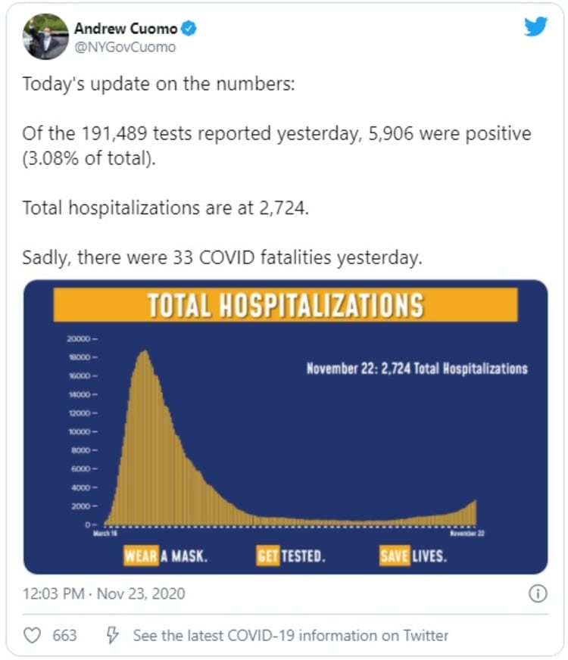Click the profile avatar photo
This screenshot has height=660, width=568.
(45, 36)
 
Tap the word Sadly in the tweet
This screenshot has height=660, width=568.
(45, 257)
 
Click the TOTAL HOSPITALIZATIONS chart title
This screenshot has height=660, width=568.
(285, 305)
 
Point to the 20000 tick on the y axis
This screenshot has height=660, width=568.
(79, 338)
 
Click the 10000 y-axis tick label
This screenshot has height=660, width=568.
(79, 431)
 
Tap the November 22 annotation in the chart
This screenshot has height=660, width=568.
(417, 369)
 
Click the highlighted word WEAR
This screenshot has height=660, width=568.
(142, 556)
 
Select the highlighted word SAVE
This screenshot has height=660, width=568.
(395, 556)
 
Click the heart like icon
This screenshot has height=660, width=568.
(33, 635)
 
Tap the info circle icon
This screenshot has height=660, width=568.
(537, 593)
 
